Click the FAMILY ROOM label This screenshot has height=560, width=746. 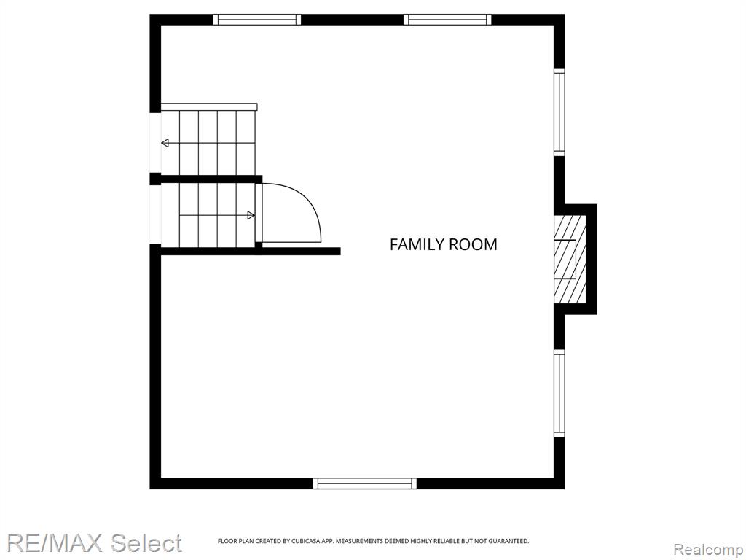coord(444,244)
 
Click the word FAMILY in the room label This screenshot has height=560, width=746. coord(416,244)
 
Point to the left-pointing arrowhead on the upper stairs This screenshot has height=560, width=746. coord(165,143)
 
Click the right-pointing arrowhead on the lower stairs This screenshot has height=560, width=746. coord(251,215)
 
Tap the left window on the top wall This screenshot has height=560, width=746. coord(257,20)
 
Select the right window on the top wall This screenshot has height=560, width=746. coord(447,20)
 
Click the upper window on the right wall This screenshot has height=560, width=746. coord(559,112)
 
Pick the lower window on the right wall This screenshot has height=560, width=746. coord(559,393)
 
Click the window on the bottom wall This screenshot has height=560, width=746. coord(364,483)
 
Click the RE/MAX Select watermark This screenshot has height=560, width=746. coord(94,542)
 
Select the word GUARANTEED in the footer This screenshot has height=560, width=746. coord(509,541)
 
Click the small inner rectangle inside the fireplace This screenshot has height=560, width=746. coord(565,259)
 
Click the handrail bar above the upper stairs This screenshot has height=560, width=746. coord(209,106)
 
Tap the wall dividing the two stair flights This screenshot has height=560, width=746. coord(211,179)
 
